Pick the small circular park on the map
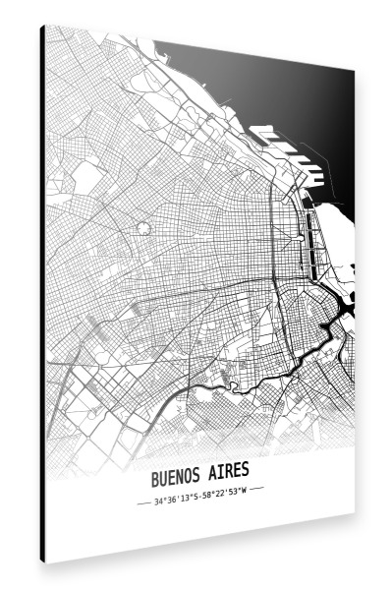click(144, 228)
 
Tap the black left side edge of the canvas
click(42, 295)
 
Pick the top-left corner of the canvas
click(43, 27)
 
